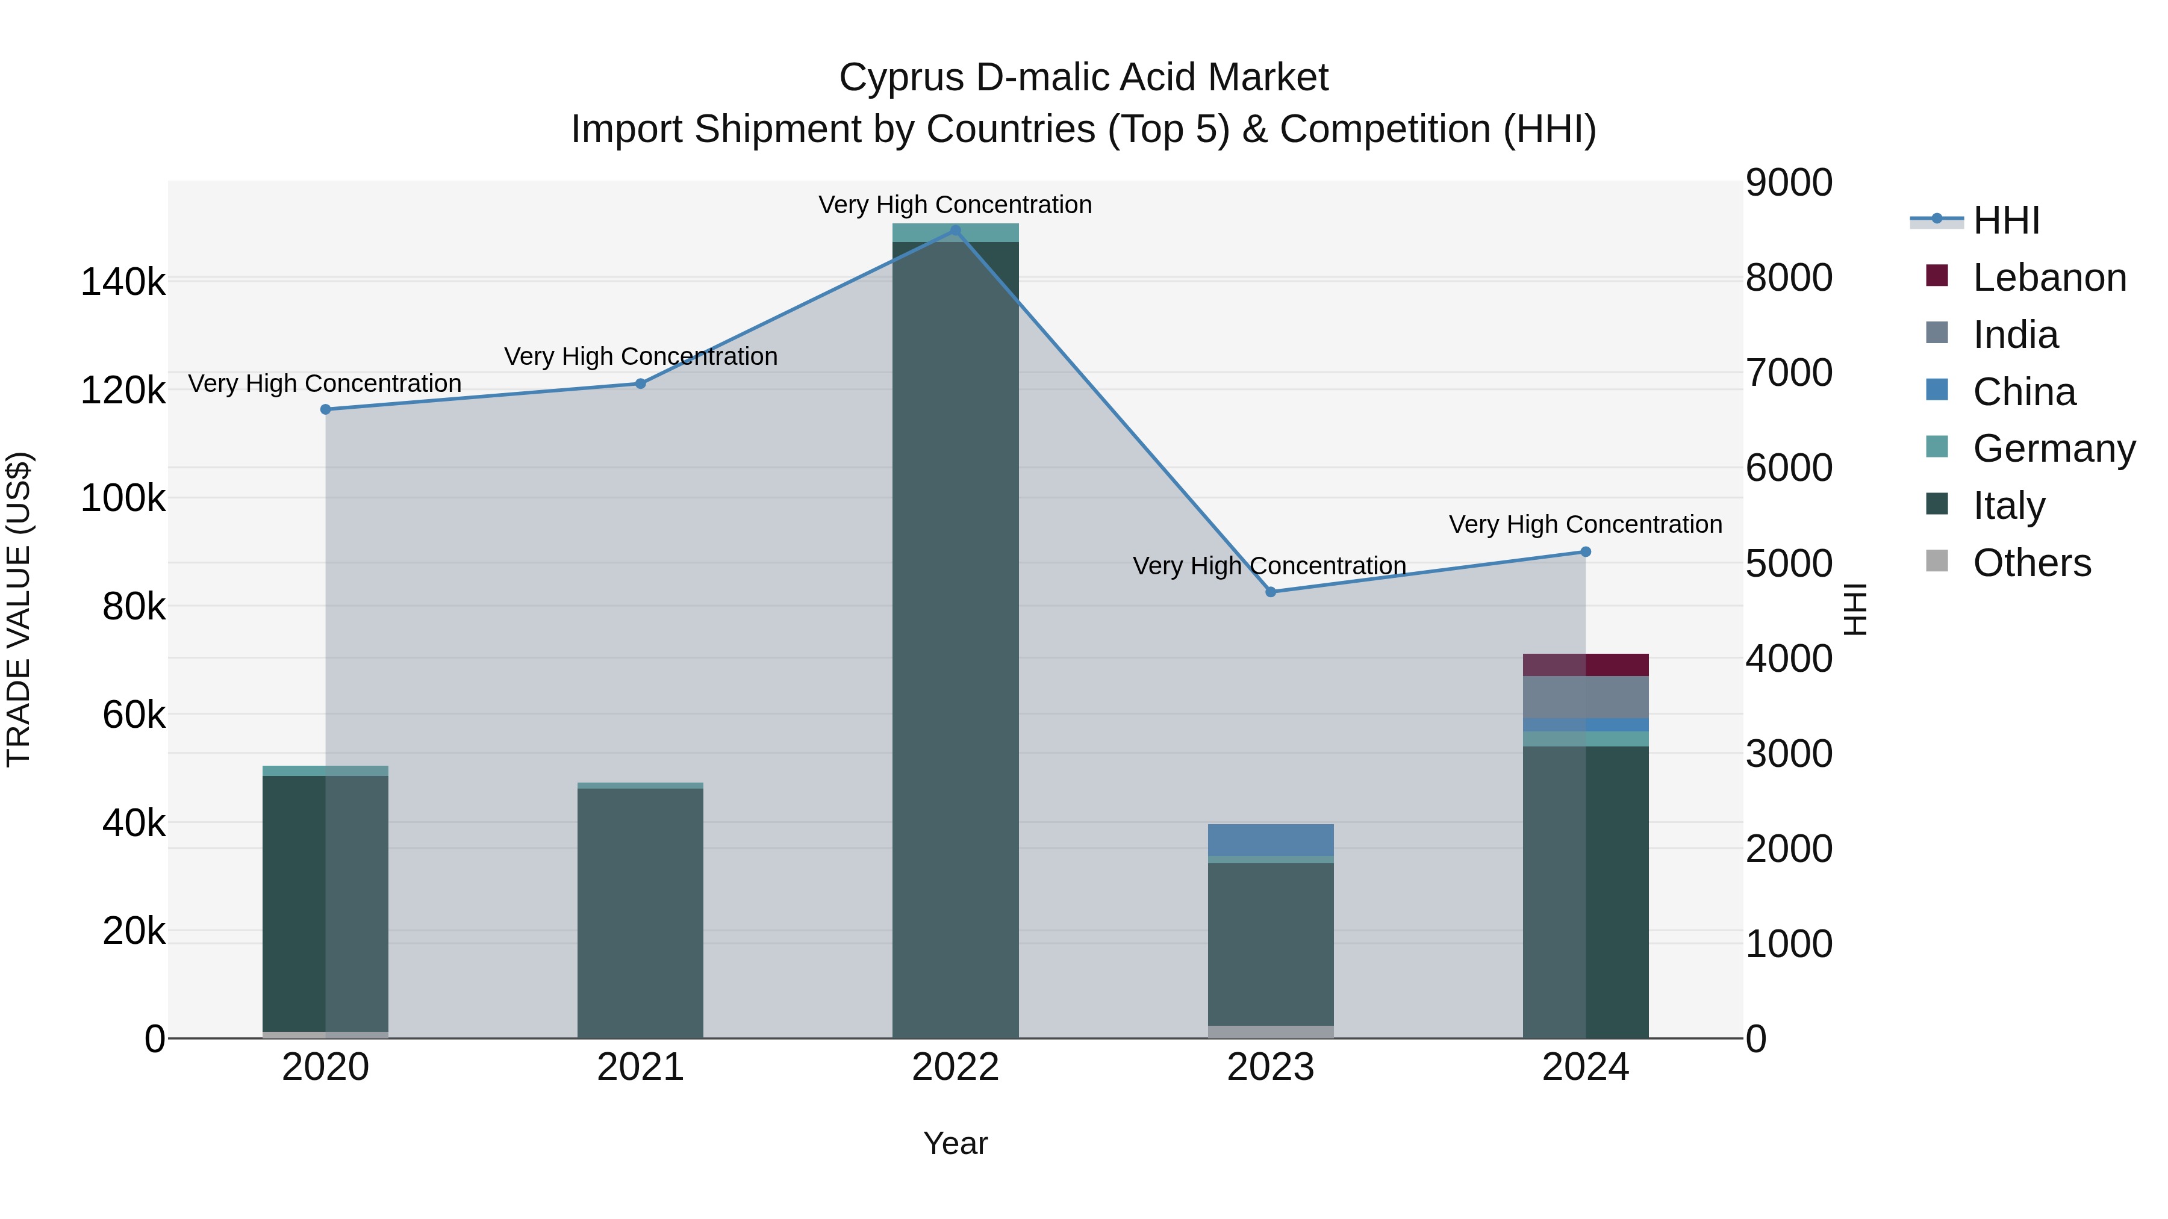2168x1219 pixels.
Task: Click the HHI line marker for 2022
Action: click(x=955, y=231)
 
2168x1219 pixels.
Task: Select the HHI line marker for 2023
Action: click(x=1271, y=592)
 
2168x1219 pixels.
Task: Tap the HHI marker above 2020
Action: click(x=326, y=410)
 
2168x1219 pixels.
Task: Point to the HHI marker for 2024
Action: click(x=1586, y=552)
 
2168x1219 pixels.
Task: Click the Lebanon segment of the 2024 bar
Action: click(x=1586, y=665)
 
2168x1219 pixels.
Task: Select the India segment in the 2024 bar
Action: click(x=1586, y=696)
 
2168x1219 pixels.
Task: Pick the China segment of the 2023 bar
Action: click(x=1271, y=840)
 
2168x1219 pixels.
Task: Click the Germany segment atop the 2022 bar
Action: click(x=955, y=233)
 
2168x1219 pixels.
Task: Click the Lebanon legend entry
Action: click(x=2049, y=278)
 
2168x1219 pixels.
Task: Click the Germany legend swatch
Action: click(x=1937, y=447)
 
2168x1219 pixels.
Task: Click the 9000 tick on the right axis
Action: click(x=1789, y=182)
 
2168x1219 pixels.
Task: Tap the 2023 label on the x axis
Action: click(x=1271, y=1067)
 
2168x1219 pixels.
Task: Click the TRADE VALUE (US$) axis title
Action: click(x=19, y=609)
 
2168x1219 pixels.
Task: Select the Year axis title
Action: click(x=955, y=1143)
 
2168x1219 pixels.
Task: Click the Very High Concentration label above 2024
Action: click(x=1586, y=524)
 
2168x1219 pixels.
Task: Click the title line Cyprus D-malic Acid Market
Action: click(x=1083, y=78)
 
